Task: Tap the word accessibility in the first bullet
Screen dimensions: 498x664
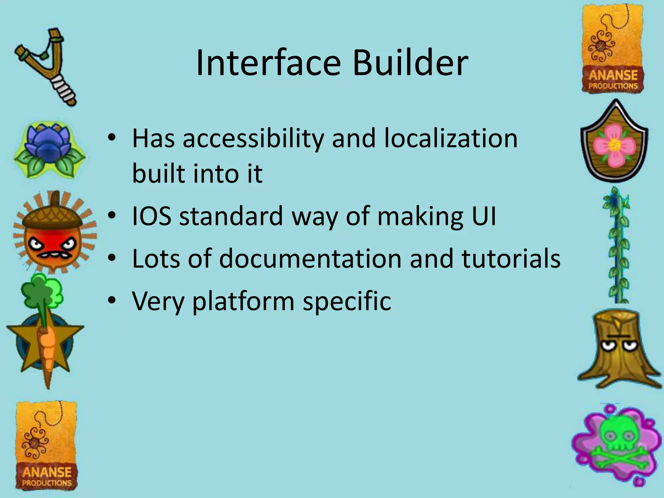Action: pos(253,139)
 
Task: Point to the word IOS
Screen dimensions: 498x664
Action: pos(151,216)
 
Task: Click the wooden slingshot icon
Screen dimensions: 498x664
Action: pos(45,66)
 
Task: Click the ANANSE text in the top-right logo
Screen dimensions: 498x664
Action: pos(613,75)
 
